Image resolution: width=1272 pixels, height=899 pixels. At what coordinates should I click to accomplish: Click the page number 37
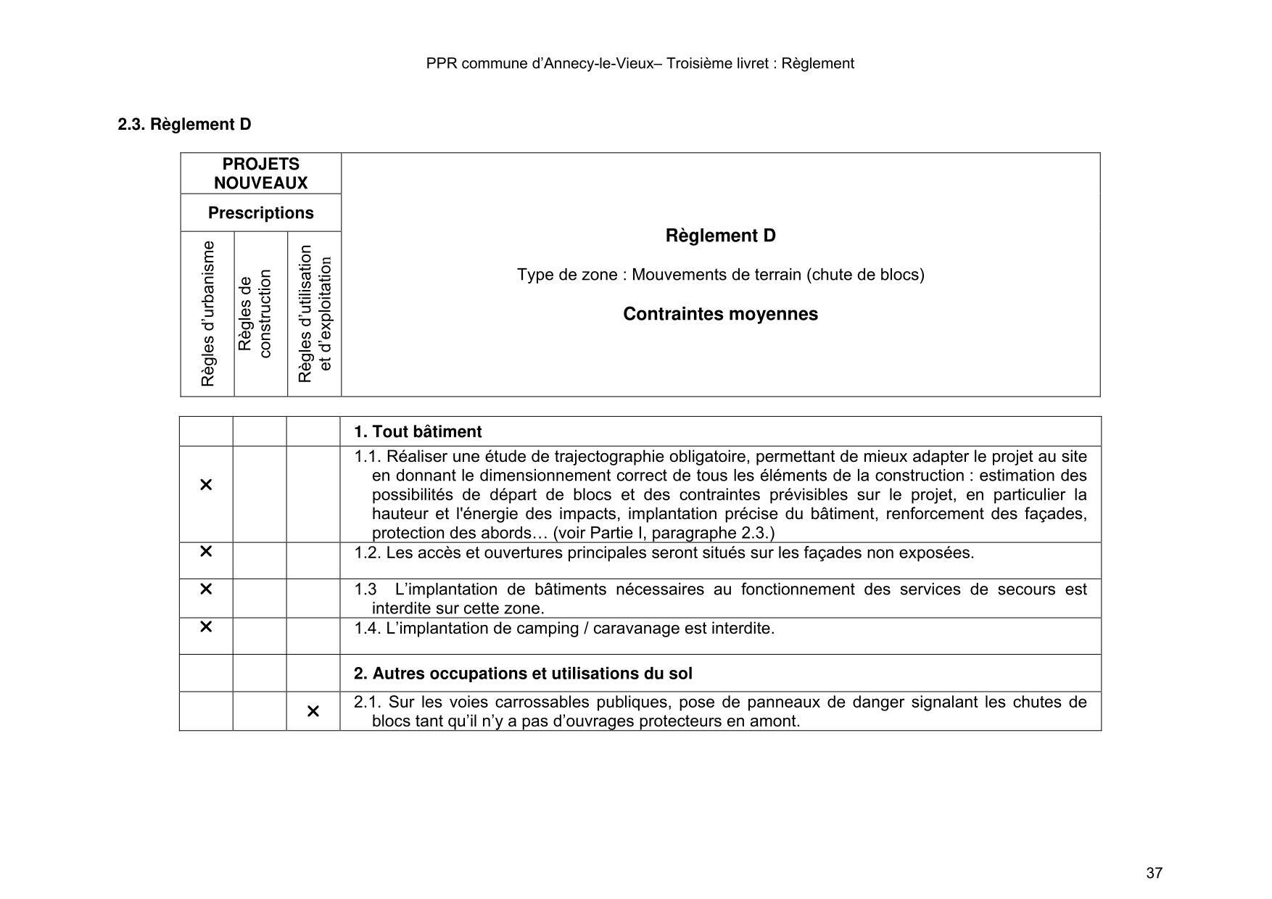click(x=1155, y=873)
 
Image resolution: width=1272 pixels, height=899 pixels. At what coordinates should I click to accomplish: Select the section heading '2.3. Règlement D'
click(x=184, y=125)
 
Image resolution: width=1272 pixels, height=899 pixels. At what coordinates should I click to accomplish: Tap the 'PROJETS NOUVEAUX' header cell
click(x=261, y=174)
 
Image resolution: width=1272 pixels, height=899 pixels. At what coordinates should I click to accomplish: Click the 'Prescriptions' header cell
click(x=261, y=213)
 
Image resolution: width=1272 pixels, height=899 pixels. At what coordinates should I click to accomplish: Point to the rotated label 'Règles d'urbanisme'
click(x=208, y=314)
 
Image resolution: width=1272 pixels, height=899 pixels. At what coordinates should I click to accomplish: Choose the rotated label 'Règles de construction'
click(x=255, y=314)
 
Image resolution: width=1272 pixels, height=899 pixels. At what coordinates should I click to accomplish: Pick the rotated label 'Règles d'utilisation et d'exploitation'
click(x=315, y=314)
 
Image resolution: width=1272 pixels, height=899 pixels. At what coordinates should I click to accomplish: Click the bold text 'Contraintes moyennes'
click(x=720, y=314)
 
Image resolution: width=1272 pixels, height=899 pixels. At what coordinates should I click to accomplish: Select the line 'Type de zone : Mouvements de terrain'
click(x=720, y=275)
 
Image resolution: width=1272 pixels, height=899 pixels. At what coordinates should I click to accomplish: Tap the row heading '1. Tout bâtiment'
click(x=418, y=432)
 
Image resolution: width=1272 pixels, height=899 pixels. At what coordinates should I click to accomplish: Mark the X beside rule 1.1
click(x=206, y=485)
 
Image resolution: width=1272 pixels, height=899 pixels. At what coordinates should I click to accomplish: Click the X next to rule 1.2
click(x=206, y=552)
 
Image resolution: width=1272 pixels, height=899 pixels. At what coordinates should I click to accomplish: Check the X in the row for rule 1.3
click(x=206, y=589)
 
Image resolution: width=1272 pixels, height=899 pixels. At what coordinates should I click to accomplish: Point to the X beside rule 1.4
click(x=206, y=626)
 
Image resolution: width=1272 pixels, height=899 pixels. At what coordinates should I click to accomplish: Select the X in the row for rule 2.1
click(x=313, y=711)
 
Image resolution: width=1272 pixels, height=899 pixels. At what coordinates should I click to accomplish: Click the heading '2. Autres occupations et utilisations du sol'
click(x=523, y=674)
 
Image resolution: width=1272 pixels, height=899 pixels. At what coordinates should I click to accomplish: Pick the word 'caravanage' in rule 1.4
click(x=637, y=629)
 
